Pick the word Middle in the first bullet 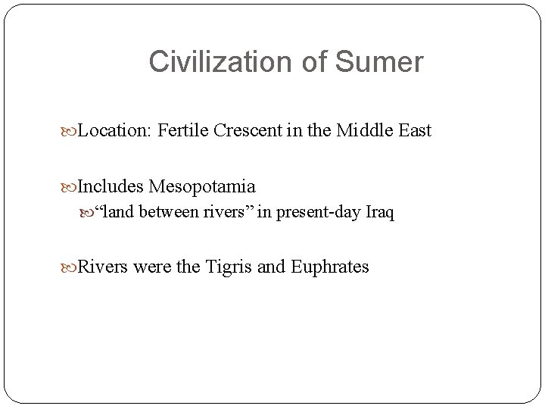click(363, 130)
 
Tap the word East click(413, 130)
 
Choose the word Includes click(111, 186)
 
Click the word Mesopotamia click(202, 186)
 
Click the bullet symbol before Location click(72, 131)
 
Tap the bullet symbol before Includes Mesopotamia click(72, 186)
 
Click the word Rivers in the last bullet click(103, 267)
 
